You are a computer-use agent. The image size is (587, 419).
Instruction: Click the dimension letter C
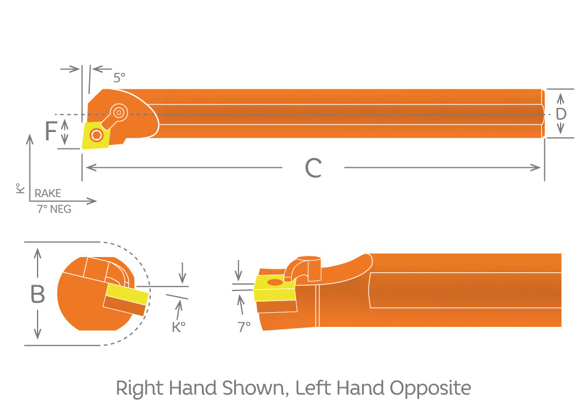pos(313,168)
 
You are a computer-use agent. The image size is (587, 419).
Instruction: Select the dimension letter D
pos(561,114)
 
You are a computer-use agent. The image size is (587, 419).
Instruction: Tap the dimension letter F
pos(50,131)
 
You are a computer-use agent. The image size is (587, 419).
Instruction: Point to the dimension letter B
pos(38,294)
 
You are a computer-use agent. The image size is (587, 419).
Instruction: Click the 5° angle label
pos(119,77)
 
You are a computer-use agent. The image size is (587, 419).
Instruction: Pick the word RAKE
pos(48,194)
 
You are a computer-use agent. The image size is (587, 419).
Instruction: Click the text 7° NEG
pos(54,209)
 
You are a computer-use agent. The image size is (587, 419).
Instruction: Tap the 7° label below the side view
pos(244,327)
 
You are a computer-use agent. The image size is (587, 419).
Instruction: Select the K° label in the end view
pos(178,327)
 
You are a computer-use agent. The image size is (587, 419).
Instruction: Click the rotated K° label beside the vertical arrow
pos(20,188)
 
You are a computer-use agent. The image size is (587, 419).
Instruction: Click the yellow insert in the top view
pos(96,134)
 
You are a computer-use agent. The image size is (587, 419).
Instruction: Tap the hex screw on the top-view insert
pos(97,135)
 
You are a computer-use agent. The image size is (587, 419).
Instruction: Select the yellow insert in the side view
pos(274,288)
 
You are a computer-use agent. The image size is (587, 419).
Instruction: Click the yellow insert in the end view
pos(127,294)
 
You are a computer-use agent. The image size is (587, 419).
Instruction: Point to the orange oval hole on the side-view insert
pos(275,282)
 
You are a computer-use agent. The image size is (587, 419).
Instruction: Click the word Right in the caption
pos(139,388)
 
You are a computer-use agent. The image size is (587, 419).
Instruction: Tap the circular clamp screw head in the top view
pos(119,112)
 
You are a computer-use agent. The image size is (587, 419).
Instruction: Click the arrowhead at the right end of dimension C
pos(536,167)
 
